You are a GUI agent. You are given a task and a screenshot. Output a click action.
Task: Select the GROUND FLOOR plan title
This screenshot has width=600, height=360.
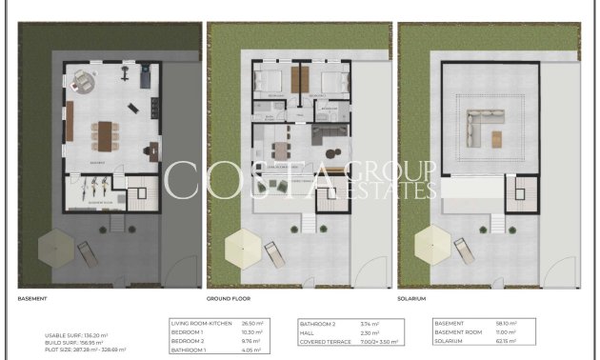[x=228, y=298]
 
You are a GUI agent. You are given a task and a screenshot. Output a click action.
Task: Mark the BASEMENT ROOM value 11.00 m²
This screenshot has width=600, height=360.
[x=505, y=331]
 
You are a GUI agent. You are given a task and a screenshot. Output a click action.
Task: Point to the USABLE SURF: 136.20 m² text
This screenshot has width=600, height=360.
[x=76, y=335]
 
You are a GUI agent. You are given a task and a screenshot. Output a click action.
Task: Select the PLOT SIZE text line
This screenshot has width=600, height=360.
[x=85, y=350]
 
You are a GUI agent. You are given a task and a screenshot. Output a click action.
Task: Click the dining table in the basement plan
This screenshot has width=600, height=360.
[x=106, y=133]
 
